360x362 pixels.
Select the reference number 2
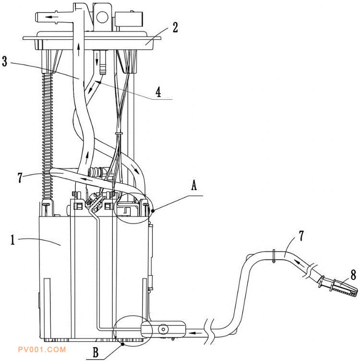[175, 27]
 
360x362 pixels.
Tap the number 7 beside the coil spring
[19, 177]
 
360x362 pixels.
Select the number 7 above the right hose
[301, 236]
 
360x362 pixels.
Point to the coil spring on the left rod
[47, 134]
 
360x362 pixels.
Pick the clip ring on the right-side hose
[272, 256]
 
